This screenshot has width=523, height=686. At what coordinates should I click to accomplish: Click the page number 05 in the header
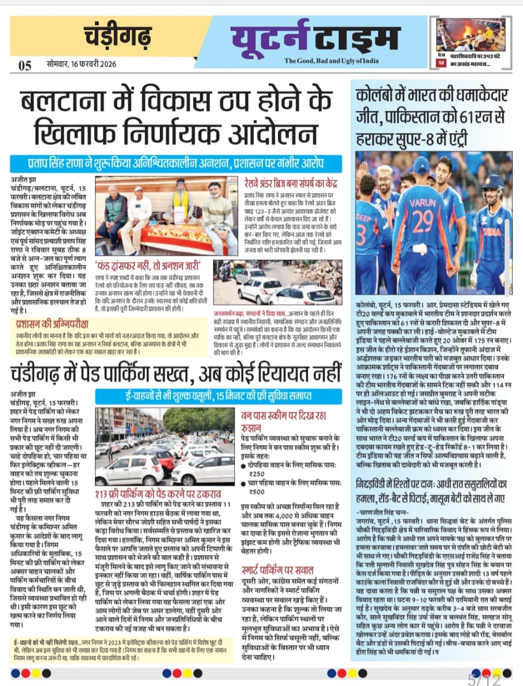[x=25, y=65]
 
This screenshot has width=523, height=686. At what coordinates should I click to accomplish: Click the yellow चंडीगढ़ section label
[x=119, y=38]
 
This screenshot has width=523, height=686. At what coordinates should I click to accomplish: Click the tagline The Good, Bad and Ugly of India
[x=331, y=61]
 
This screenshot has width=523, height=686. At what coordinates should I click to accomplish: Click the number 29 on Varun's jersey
[x=423, y=221]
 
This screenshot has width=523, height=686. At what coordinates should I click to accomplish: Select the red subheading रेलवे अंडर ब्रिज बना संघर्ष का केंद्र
[x=292, y=181]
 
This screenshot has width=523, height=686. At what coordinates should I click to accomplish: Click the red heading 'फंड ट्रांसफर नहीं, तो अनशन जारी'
[x=148, y=265]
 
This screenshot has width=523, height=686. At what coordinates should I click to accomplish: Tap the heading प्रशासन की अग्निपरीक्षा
[x=52, y=324]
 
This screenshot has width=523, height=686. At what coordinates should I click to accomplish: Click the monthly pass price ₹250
[x=257, y=473]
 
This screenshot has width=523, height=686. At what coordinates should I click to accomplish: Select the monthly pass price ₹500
[x=257, y=491]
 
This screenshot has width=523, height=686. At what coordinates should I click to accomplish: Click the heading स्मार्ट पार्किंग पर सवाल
[x=277, y=570]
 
